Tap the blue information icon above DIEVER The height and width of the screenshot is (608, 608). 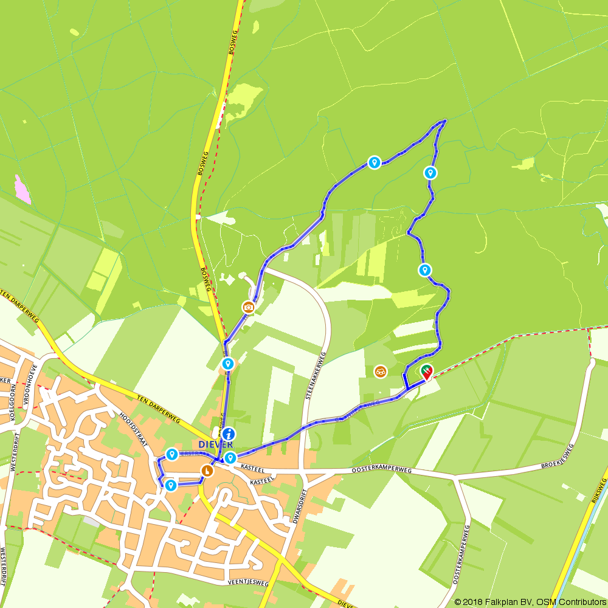[229, 434]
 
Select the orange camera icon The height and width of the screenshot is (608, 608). [248, 307]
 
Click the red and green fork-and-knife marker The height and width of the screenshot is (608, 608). [426, 370]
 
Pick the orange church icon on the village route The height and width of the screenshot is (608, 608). [207, 471]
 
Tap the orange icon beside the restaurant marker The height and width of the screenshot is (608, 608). [380, 371]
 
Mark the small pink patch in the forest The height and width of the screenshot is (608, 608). [22, 189]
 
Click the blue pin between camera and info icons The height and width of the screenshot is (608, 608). [228, 364]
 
